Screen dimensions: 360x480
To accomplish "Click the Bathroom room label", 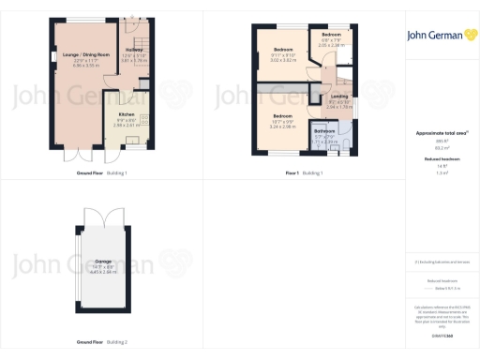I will (324, 132).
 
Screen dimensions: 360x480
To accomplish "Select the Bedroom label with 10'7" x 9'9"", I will (283, 116).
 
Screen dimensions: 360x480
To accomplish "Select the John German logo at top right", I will (437, 36).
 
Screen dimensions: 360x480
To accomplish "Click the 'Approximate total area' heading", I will (435, 134).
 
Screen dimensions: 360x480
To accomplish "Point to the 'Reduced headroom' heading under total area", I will (436, 160).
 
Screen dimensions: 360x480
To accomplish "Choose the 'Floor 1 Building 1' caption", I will (305, 172).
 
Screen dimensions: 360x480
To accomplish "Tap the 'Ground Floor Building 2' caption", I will (103, 341).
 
